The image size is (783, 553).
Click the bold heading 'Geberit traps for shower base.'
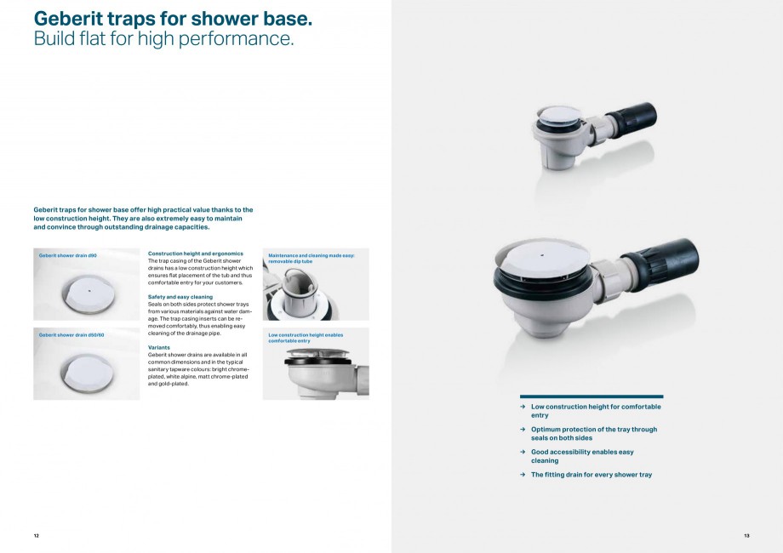pyautogui.click(x=173, y=18)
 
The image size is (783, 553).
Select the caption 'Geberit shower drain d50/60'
pyautogui.click(x=71, y=334)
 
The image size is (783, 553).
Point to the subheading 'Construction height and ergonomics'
pyautogui.click(x=196, y=254)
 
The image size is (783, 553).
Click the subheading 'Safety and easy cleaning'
pyautogui.click(x=180, y=297)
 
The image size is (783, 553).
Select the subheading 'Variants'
pyautogui.click(x=159, y=347)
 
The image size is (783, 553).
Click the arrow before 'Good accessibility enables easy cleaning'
pyautogui.click(x=523, y=453)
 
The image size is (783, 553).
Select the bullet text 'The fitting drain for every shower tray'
pyautogui.click(x=591, y=475)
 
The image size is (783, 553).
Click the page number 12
pyautogui.click(x=37, y=535)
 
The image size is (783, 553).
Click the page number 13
pyautogui.click(x=746, y=535)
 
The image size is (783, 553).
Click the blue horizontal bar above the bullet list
pyautogui.click(x=591, y=396)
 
